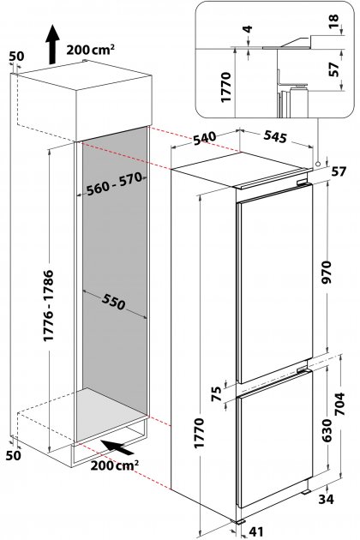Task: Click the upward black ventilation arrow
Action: point(52,44)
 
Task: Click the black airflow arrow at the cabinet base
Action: point(118,447)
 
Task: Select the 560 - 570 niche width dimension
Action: point(114,184)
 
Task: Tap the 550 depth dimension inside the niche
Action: point(113,303)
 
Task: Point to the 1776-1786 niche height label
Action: point(49,305)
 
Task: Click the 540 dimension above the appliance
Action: point(205,138)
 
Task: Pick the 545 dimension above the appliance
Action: point(275,136)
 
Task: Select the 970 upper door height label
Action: point(326,272)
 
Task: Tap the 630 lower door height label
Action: point(326,430)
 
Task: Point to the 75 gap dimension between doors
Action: point(216,394)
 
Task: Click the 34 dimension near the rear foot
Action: point(326,499)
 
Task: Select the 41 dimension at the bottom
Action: point(256,531)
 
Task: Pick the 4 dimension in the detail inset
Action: point(248,29)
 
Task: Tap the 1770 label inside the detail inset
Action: point(225,87)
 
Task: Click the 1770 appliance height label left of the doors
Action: point(199,433)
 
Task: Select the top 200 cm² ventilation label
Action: point(91,50)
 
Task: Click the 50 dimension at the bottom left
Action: point(13,455)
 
